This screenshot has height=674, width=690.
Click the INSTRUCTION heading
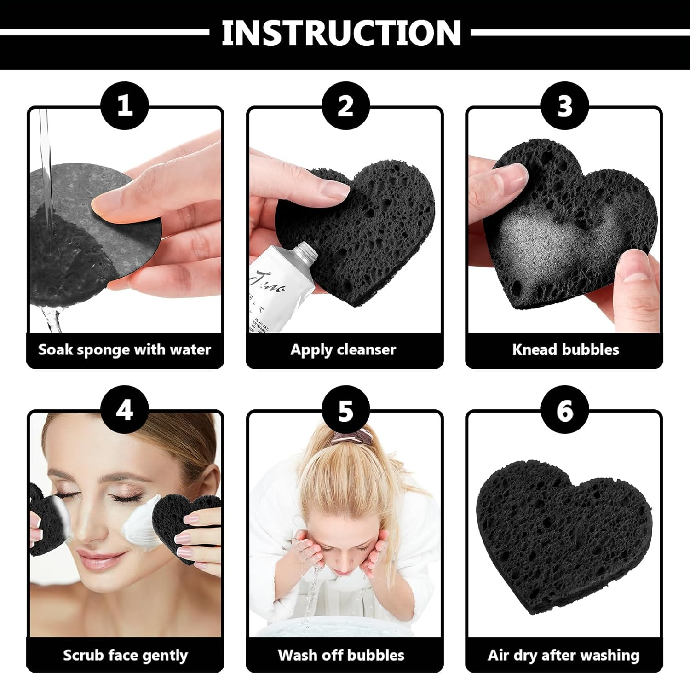341,33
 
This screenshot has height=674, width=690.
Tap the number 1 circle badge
125,105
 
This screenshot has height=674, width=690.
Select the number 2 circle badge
345,105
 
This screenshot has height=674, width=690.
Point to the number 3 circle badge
564,105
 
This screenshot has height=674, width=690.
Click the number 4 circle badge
125,409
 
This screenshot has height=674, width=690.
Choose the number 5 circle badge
345,409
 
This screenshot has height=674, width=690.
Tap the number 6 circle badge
564,409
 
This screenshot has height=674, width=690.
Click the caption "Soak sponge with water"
125,349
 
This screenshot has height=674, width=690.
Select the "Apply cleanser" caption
343,349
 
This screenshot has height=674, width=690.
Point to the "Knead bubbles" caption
565,349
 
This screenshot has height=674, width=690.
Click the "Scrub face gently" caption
125,655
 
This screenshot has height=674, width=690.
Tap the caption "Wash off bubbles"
341,655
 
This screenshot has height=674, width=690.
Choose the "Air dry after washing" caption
563,655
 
